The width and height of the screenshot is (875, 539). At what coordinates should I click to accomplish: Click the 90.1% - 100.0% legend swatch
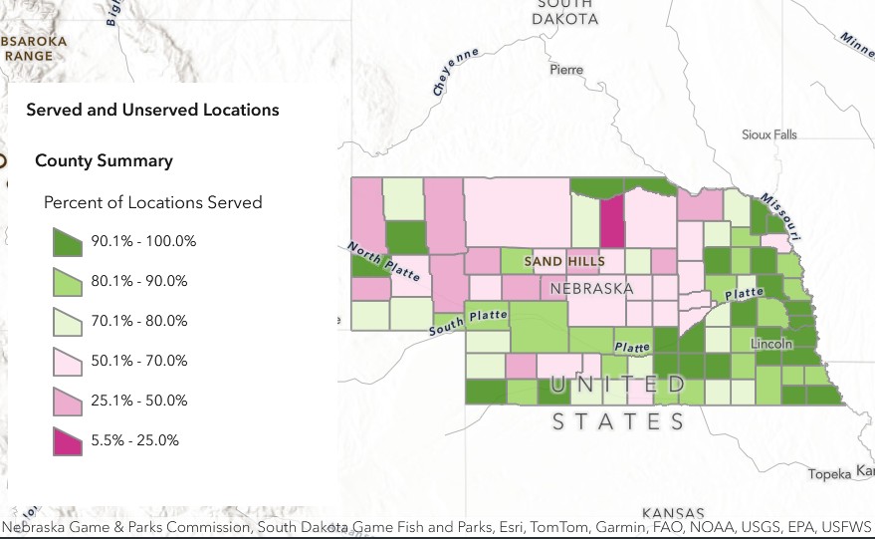tap(68, 241)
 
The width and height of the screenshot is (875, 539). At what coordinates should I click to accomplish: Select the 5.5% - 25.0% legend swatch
tap(68, 440)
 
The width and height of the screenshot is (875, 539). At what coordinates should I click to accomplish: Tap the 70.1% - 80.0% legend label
tap(139, 321)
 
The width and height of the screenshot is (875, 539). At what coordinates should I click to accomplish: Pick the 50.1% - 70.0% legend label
tap(139, 361)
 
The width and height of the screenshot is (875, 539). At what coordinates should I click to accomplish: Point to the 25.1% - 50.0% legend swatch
tap(68, 401)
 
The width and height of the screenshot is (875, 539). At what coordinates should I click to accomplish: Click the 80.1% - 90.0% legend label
tap(139, 281)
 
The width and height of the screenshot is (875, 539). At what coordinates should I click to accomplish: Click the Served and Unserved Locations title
tap(152, 110)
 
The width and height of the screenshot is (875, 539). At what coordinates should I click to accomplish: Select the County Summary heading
tap(104, 160)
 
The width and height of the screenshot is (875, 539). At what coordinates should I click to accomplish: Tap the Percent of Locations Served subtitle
tap(152, 202)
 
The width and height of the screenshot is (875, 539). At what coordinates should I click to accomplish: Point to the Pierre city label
tap(566, 70)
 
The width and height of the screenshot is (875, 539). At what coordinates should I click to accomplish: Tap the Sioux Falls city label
tap(769, 135)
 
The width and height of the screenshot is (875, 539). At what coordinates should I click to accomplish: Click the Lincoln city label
tap(771, 343)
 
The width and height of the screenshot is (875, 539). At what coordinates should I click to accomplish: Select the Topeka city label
tap(829, 473)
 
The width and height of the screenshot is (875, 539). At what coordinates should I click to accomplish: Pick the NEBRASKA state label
tap(591, 289)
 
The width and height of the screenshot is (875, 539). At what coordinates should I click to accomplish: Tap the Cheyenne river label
tap(456, 71)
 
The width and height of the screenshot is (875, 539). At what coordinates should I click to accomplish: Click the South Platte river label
tap(468, 322)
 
